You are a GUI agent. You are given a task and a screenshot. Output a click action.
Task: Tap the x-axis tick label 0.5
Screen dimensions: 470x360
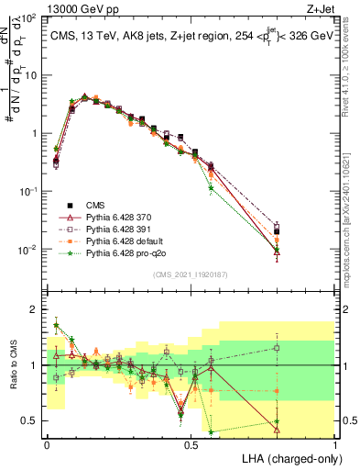pyautogui.click(x=191, y=443)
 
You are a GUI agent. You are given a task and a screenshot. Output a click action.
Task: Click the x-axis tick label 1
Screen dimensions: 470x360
pyautogui.click(x=336, y=443)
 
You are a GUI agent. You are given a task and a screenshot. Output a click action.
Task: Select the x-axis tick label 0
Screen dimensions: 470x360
pyautogui.click(x=47, y=443)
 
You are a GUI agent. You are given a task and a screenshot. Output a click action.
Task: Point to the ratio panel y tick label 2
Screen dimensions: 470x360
pyautogui.click(x=34, y=309)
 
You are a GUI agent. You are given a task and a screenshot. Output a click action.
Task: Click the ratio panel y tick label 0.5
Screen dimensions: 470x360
pyautogui.click(x=29, y=421)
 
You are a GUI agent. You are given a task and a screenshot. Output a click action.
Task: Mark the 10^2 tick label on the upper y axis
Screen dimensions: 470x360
pyautogui.click(x=27, y=18)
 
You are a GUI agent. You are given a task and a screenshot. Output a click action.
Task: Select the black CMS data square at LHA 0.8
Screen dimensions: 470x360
pyautogui.click(x=277, y=231)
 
